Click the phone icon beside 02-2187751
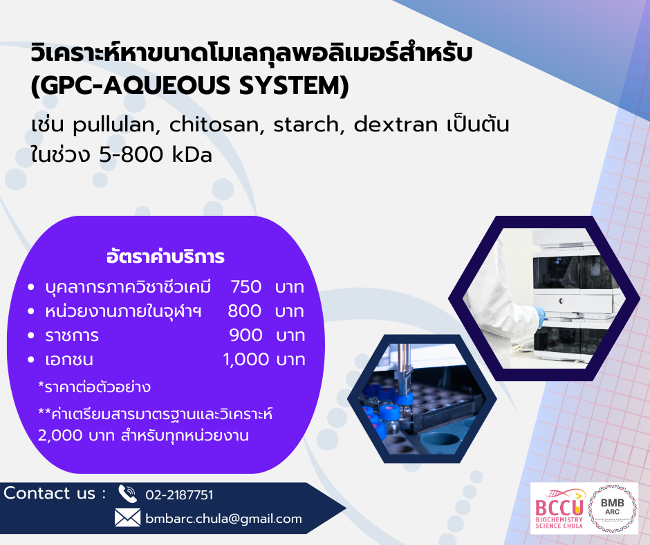[x=127, y=494]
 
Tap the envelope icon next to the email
[x=127, y=518]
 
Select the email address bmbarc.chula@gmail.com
[x=223, y=519]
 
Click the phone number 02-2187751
[x=179, y=495]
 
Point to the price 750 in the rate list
[x=245, y=286]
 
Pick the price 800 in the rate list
[x=245, y=311]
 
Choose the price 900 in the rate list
[x=245, y=335]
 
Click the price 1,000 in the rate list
[x=246, y=360]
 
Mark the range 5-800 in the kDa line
[x=131, y=155]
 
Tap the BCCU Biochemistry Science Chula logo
[x=559, y=508]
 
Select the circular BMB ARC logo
[x=612, y=508]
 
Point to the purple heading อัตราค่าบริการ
[x=165, y=257]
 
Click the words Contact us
[x=50, y=493]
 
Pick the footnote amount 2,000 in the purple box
[x=60, y=436]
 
